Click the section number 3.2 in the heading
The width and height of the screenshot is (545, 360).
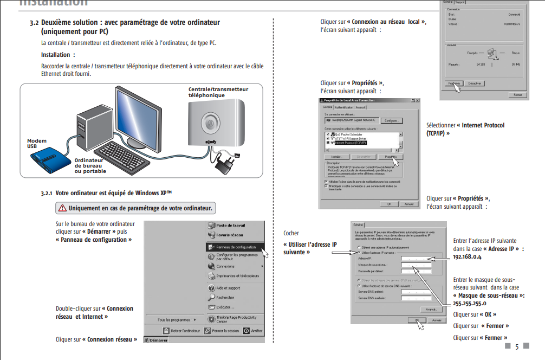point(34,23)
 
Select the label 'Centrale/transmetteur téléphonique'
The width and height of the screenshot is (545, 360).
point(218,92)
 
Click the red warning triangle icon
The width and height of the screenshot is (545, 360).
point(63,208)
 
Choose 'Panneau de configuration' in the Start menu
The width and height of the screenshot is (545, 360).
point(236,246)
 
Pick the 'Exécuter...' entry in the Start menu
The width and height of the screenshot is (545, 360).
point(225,307)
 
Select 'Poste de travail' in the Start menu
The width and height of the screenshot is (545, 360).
point(230,225)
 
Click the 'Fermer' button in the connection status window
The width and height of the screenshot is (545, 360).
point(518,95)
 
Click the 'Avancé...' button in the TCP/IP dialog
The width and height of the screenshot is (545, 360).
point(431,309)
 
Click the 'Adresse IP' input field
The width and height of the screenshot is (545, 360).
point(416,259)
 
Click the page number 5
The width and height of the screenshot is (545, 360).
point(516,347)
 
